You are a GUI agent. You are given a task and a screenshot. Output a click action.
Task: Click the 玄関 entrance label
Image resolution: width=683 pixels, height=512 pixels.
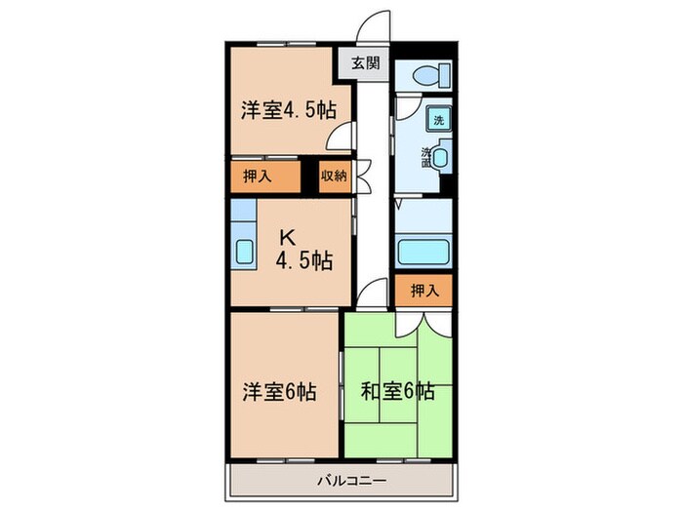(x=367, y=65)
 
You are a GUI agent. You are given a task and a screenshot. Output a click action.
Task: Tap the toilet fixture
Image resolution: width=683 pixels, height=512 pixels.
(x=429, y=73)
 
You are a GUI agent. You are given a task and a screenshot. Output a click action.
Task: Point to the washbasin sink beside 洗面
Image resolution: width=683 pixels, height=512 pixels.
(x=441, y=157)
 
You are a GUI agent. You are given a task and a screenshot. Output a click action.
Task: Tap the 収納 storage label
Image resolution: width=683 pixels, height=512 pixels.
(x=334, y=177)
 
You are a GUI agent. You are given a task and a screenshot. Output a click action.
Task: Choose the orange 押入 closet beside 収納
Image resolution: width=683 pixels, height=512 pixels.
(x=263, y=177)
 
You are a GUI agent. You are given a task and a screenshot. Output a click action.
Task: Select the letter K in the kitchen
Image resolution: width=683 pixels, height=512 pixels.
(x=288, y=236)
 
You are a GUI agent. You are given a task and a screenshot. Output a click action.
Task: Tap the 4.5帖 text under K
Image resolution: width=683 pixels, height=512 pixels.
(x=303, y=260)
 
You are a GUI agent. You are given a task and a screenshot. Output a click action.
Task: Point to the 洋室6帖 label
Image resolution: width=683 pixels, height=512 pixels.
(x=279, y=393)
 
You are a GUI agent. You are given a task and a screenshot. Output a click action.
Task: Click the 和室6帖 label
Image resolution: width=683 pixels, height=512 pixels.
(x=398, y=393)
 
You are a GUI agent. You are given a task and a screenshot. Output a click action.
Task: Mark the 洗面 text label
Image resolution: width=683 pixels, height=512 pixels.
(x=426, y=155)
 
